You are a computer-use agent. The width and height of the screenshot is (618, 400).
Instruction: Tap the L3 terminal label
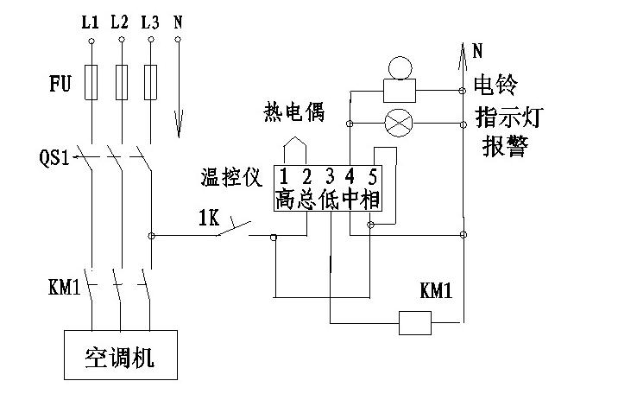pos(149,22)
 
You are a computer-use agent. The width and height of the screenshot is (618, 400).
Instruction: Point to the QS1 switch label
pos(55,159)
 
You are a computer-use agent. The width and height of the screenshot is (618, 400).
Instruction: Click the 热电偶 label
pos(291,112)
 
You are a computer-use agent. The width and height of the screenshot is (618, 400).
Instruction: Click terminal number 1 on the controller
pos(283,177)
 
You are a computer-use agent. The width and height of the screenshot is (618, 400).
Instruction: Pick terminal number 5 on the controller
pos(372,177)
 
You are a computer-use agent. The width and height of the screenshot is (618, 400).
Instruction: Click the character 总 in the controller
pos(306,200)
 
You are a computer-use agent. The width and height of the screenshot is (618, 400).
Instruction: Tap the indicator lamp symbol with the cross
pos(398,122)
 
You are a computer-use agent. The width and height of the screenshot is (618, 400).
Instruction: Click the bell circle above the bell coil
pos(400,67)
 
